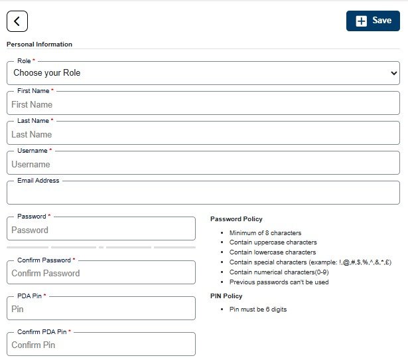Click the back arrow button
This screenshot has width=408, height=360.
point(17,21)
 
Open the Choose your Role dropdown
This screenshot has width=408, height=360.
point(203,73)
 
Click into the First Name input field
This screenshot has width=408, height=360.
point(203,104)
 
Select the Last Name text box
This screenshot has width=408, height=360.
point(203,134)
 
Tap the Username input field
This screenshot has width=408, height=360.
point(203,164)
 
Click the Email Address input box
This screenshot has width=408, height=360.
point(203,193)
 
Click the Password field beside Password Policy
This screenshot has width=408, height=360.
point(101,230)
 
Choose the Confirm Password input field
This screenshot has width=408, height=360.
point(101,273)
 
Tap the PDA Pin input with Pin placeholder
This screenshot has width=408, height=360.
point(101,309)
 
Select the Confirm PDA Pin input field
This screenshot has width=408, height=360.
point(101,345)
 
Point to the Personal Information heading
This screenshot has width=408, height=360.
point(39,45)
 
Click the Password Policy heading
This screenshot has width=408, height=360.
point(236,219)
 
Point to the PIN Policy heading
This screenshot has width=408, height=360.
point(226,296)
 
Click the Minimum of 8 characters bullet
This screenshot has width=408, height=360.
point(265,233)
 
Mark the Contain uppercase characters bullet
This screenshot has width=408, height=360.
point(273,242)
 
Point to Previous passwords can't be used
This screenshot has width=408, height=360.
point(279,282)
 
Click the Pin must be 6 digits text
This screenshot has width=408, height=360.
point(258,310)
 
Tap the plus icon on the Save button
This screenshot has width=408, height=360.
point(361,21)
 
